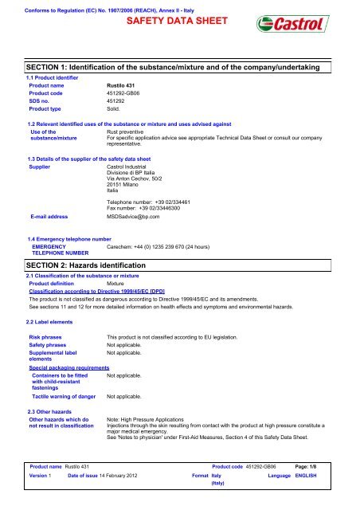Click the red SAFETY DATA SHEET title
click(180, 20)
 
